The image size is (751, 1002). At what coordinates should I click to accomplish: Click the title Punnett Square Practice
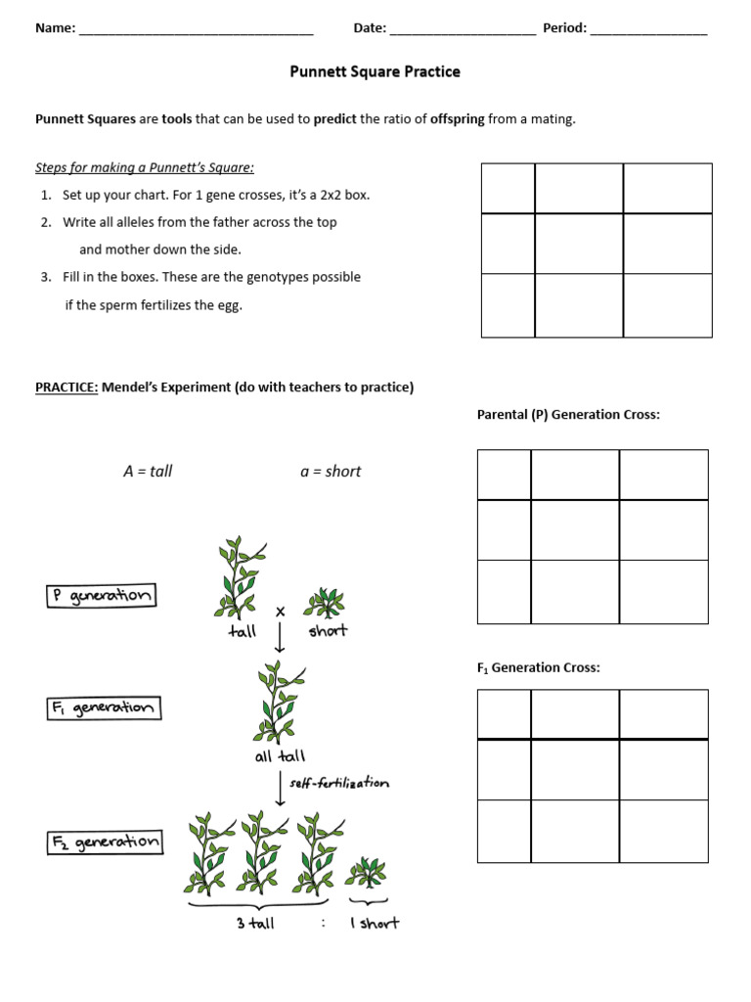(x=375, y=71)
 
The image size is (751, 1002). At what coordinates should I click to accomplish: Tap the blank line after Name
(x=196, y=29)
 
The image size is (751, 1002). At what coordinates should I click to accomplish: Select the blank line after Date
(x=463, y=29)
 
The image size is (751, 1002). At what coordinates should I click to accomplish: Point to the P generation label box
(x=101, y=596)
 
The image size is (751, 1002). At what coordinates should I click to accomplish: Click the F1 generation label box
(x=103, y=707)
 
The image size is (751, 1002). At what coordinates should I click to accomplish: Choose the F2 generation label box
(x=105, y=842)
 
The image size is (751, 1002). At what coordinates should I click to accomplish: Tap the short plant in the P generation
(x=324, y=603)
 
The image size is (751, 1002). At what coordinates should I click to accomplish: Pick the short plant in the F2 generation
(x=365, y=870)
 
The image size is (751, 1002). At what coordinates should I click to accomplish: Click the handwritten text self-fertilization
(x=338, y=783)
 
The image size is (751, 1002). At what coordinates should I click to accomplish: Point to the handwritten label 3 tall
(x=255, y=924)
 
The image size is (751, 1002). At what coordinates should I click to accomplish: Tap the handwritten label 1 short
(x=374, y=924)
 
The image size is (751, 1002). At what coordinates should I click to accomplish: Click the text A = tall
(x=148, y=472)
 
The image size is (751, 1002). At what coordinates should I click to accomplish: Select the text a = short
(x=331, y=472)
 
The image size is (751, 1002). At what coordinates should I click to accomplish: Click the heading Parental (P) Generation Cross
(x=568, y=415)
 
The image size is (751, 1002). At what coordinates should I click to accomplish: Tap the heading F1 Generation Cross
(x=538, y=668)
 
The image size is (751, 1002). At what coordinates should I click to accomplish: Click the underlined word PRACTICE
(x=66, y=387)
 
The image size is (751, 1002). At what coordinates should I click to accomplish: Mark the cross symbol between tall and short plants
(x=281, y=612)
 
